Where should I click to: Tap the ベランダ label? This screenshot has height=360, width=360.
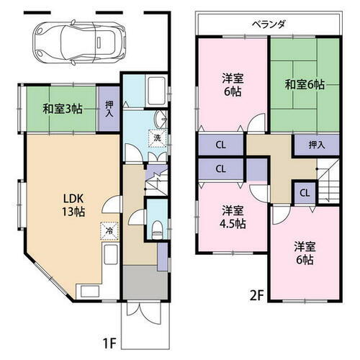[x=269, y=24]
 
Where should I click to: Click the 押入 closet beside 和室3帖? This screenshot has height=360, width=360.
[x=107, y=110]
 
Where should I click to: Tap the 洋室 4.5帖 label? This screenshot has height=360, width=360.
[x=232, y=217]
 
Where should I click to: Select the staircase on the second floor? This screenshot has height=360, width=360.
[x=330, y=184]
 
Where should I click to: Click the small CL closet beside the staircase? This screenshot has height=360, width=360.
[x=304, y=192]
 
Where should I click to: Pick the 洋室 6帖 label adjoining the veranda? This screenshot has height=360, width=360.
[x=232, y=84]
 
